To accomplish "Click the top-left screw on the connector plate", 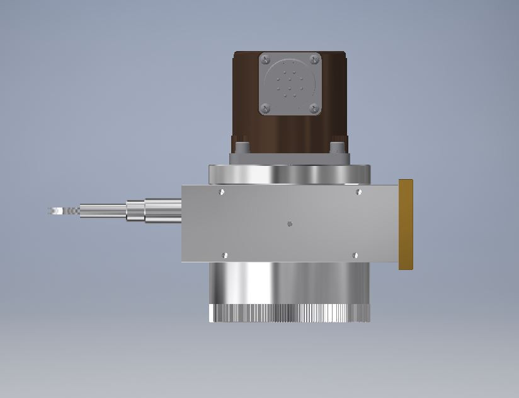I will click(x=266, y=59).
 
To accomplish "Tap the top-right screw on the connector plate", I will click(x=314, y=59).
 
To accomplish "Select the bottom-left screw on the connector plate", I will click(x=266, y=108).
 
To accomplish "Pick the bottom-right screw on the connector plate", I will click(x=314, y=108).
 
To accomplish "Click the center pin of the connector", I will click(x=290, y=81).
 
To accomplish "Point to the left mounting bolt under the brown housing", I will click(x=243, y=148).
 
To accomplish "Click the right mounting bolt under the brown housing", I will click(x=337, y=148).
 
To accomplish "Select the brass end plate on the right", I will click(x=406, y=224).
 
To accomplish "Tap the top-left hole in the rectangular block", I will click(x=221, y=192).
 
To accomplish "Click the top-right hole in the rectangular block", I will click(x=358, y=192).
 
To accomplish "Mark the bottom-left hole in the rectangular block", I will click(x=225, y=255).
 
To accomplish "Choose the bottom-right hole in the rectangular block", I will click(x=355, y=255).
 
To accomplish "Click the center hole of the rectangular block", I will click(x=289, y=223).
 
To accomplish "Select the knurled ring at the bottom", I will click(x=289, y=313).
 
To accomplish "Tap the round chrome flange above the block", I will click(x=289, y=174).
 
